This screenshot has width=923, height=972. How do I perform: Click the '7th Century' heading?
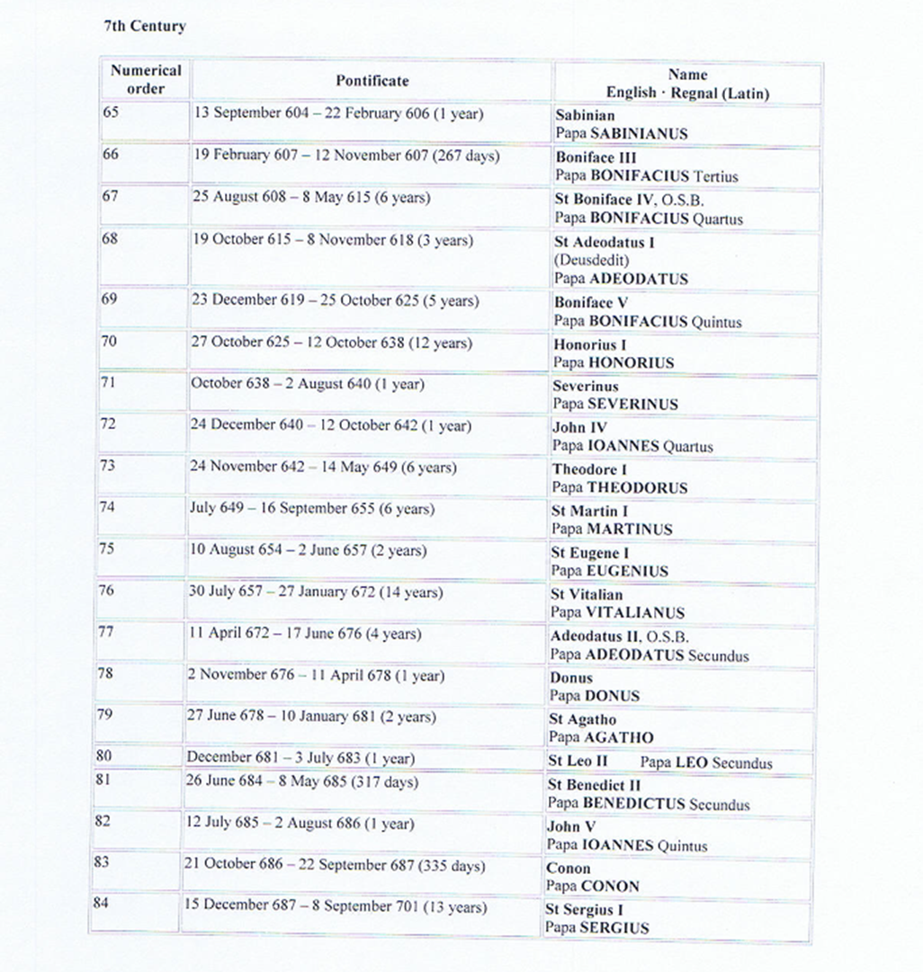click(145, 26)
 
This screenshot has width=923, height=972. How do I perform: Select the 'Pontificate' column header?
click(372, 81)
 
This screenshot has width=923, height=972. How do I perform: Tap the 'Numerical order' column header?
click(146, 79)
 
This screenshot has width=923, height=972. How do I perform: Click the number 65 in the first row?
click(111, 113)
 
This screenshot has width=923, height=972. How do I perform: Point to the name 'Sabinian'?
click(586, 116)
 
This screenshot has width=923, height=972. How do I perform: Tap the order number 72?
click(108, 424)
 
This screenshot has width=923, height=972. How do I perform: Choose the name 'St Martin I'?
click(589, 511)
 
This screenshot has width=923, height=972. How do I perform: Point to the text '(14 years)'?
click(410, 593)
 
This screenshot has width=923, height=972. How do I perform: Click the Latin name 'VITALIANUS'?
click(635, 612)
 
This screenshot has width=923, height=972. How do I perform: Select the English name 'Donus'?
click(571, 678)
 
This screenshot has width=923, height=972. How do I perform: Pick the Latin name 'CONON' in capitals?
click(611, 886)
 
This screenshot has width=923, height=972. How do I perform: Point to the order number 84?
click(101, 902)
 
